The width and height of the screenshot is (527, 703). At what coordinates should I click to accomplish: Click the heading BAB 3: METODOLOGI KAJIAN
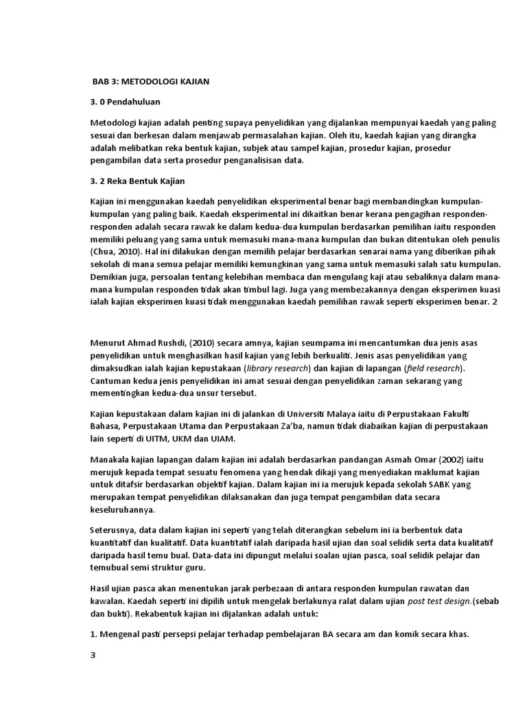point(151,82)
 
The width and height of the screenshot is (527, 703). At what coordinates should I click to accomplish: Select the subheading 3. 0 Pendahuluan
point(125,102)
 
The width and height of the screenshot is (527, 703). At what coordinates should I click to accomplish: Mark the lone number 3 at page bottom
point(93,655)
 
